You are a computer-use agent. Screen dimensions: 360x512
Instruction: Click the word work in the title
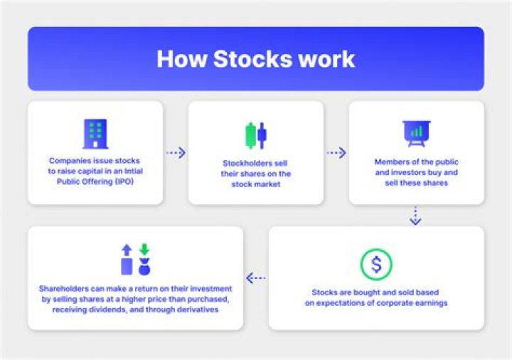(x=329, y=58)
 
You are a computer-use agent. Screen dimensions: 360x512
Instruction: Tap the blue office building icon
(x=95, y=134)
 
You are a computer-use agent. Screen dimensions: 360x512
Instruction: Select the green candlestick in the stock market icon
(x=250, y=135)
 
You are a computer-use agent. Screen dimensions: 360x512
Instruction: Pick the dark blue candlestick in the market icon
(x=262, y=134)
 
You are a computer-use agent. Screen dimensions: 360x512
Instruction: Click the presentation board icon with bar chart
(x=416, y=133)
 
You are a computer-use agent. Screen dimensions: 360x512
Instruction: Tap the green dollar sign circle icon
(x=376, y=265)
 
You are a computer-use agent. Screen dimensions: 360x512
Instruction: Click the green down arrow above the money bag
(x=144, y=250)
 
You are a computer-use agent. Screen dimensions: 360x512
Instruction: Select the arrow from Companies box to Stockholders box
(x=176, y=152)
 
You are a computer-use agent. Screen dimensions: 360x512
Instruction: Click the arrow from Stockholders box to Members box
(x=336, y=152)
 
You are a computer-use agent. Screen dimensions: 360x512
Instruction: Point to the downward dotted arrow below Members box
(x=416, y=216)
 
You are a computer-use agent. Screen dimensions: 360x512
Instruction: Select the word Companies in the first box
(x=71, y=162)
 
